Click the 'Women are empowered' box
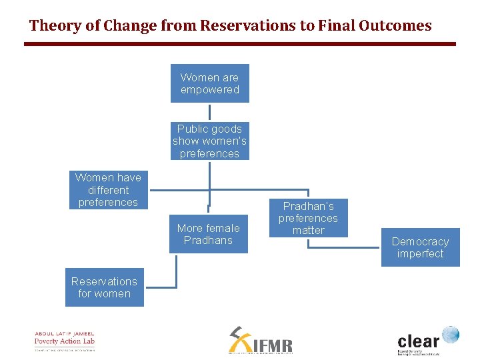tap(209, 83)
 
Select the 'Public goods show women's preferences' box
tap(209, 141)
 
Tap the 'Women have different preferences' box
tap(108, 190)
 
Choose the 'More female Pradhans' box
tap(208, 234)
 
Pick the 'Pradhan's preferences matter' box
tap(308, 218)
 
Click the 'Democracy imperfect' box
tap(420, 247)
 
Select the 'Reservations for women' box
tap(104, 287)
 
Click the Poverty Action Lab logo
tap(65, 341)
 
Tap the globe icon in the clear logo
tap(451, 335)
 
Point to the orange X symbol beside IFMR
tap(238, 340)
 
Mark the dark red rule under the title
tap(240, 44)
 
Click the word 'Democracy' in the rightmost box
tap(420, 241)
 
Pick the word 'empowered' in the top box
tap(209, 90)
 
